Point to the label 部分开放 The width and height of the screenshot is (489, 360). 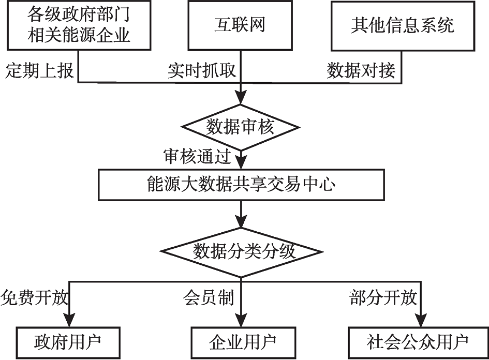(x=383, y=298)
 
